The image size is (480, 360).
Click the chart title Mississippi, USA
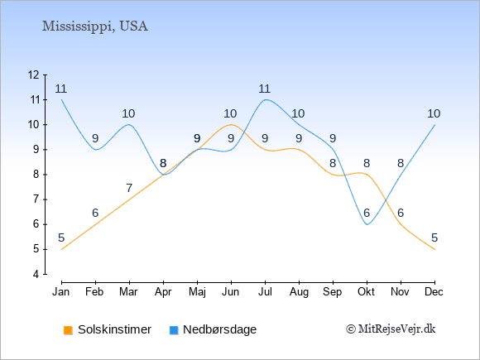(95, 26)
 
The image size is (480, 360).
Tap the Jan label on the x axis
(61, 292)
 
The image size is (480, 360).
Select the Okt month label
(366, 292)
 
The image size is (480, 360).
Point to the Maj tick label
(197, 292)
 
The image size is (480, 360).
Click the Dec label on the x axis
(434, 292)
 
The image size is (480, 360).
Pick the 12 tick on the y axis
(34, 74)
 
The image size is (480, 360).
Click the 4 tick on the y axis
(36, 274)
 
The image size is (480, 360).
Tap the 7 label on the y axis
(36, 199)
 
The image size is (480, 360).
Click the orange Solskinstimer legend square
(68, 330)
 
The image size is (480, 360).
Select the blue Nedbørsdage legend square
(174, 330)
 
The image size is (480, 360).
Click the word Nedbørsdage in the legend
(220, 329)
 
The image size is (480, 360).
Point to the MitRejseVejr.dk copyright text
(391, 329)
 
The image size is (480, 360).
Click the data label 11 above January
(61, 89)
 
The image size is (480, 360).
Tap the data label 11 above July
(264, 89)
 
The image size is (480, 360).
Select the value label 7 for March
(129, 188)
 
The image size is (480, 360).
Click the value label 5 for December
(434, 238)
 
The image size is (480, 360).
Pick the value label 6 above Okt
(367, 213)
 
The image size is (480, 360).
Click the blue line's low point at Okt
(367, 224)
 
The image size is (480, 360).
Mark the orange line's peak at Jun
(231, 125)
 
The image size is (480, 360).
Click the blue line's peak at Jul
(265, 99)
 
